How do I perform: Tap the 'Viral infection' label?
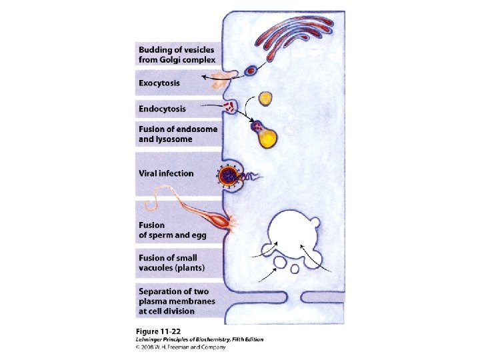click(x=166, y=173)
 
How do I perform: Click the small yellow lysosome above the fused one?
click(x=266, y=99)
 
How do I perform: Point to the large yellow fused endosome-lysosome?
click(x=267, y=136)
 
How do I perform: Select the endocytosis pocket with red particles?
click(x=230, y=107)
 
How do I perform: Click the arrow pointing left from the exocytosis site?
click(x=213, y=77)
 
